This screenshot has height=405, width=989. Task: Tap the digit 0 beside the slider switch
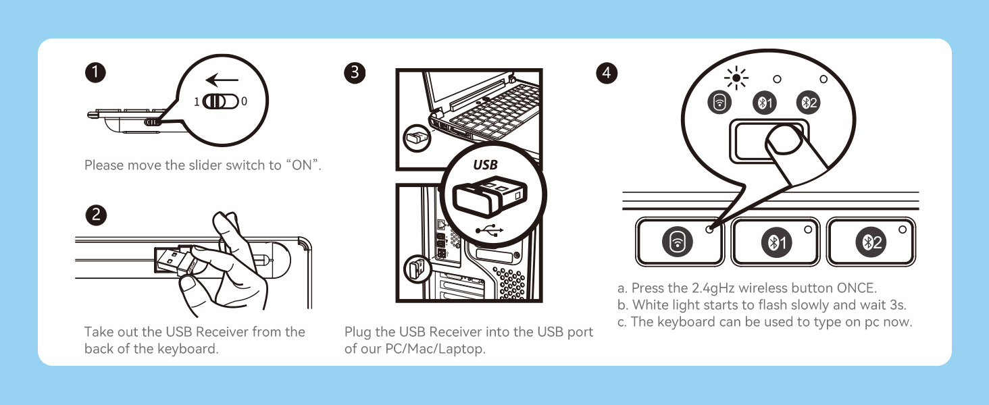click(x=244, y=101)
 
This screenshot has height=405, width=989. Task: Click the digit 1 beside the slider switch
click(x=196, y=101)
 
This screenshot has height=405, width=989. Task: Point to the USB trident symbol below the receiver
click(x=489, y=230)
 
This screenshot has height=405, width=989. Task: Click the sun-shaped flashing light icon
click(x=736, y=79)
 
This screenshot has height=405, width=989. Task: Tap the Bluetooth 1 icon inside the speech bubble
click(x=764, y=103)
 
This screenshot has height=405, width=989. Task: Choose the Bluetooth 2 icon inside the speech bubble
click(x=808, y=103)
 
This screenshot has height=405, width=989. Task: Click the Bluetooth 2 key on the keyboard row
click(x=871, y=242)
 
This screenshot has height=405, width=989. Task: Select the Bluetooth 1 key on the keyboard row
click(x=776, y=242)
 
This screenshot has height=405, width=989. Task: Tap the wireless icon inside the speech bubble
click(x=720, y=103)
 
